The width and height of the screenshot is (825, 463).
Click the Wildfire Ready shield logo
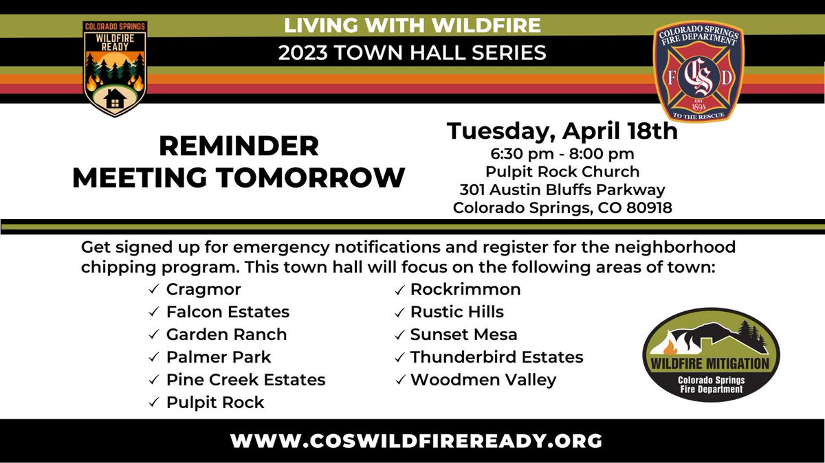115,69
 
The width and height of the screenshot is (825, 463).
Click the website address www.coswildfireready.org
416,440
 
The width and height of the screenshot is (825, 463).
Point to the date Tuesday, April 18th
563,130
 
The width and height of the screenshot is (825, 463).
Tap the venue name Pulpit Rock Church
563,171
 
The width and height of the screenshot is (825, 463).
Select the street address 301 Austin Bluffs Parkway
563,190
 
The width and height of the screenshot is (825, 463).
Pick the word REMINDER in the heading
239,146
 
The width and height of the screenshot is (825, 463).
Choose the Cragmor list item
203,290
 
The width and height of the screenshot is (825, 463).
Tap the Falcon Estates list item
228,312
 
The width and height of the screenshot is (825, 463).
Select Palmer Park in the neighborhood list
219,357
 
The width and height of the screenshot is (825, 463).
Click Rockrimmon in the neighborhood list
465,290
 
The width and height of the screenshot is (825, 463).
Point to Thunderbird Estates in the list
496,357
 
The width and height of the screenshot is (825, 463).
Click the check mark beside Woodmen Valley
399,381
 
